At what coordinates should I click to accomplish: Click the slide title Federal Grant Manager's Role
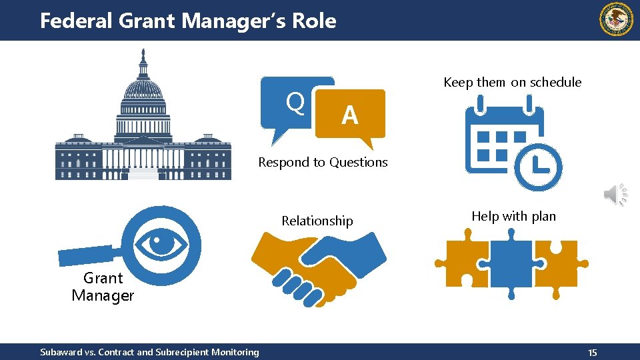188,21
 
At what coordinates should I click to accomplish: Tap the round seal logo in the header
617,19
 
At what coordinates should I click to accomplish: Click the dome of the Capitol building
143,90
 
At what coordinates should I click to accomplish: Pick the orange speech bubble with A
351,115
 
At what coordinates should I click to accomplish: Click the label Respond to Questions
323,162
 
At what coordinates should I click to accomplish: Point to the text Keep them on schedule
512,82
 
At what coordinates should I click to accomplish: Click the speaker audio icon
615,194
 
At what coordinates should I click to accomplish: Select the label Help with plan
513,216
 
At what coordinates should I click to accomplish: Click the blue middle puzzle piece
511,263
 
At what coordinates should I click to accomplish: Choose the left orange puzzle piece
462,263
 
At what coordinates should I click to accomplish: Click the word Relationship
317,221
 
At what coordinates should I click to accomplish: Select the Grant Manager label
103,287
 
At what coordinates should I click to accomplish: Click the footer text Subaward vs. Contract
149,351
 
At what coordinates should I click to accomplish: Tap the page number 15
593,352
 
